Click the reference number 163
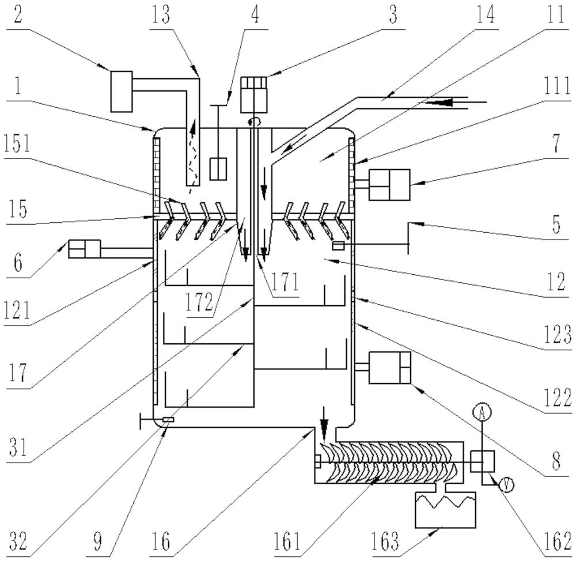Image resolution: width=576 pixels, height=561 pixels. pyautogui.click(x=385, y=541)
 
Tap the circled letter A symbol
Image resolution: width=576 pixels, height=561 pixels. pyautogui.click(x=482, y=413)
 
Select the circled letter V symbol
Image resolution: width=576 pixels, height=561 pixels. pyautogui.click(x=506, y=486)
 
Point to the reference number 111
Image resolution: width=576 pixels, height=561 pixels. pyautogui.click(x=557, y=87)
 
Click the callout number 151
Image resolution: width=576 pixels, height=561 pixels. pyautogui.click(x=17, y=143)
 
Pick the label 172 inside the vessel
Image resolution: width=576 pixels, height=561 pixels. pyautogui.click(x=200, y=302)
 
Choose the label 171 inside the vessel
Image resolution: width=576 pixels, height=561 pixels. pyautogui.click(x=286, y=282)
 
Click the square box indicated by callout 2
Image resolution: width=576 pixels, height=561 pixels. pyautogui.click(x=122, y=92)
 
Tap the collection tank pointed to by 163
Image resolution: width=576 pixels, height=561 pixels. pyautogui.click(x=445, y=510)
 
